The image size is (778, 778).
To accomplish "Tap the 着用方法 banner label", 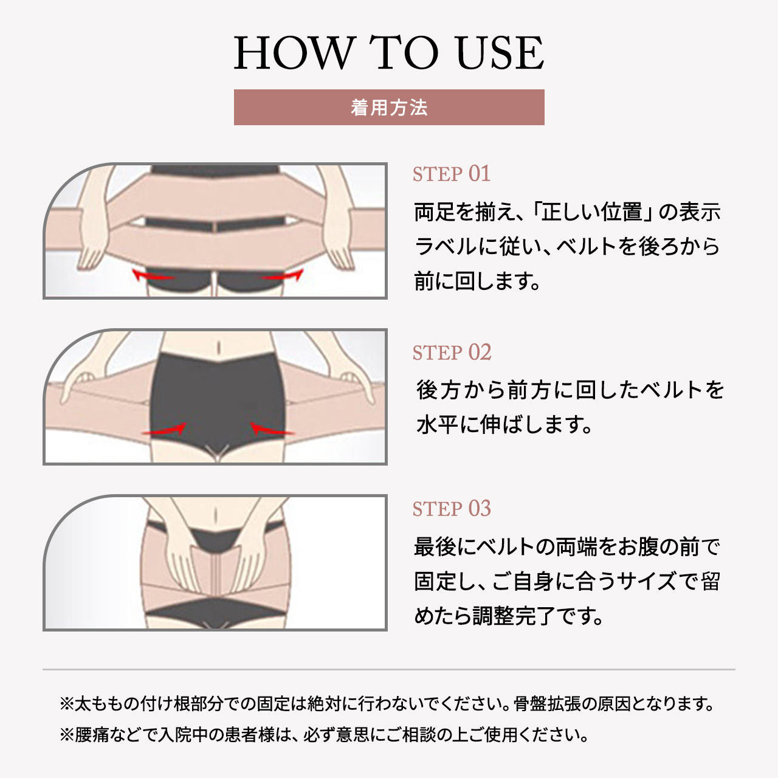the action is coord(389,108).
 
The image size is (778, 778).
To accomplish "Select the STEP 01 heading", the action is coord(452,174).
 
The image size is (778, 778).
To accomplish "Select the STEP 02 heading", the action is coord(452,353).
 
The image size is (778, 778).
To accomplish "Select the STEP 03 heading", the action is coord(452,508).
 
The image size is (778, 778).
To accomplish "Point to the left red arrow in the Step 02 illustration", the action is coord(164,430).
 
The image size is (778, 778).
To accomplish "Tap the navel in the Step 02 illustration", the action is coord(218,347).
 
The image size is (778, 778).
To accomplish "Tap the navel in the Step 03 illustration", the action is coord(215,515).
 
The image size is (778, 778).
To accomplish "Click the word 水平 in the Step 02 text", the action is coord(436,424).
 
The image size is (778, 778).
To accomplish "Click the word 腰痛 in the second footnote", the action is coord(91,734).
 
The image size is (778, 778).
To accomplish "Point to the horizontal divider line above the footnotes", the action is coord(389,669).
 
